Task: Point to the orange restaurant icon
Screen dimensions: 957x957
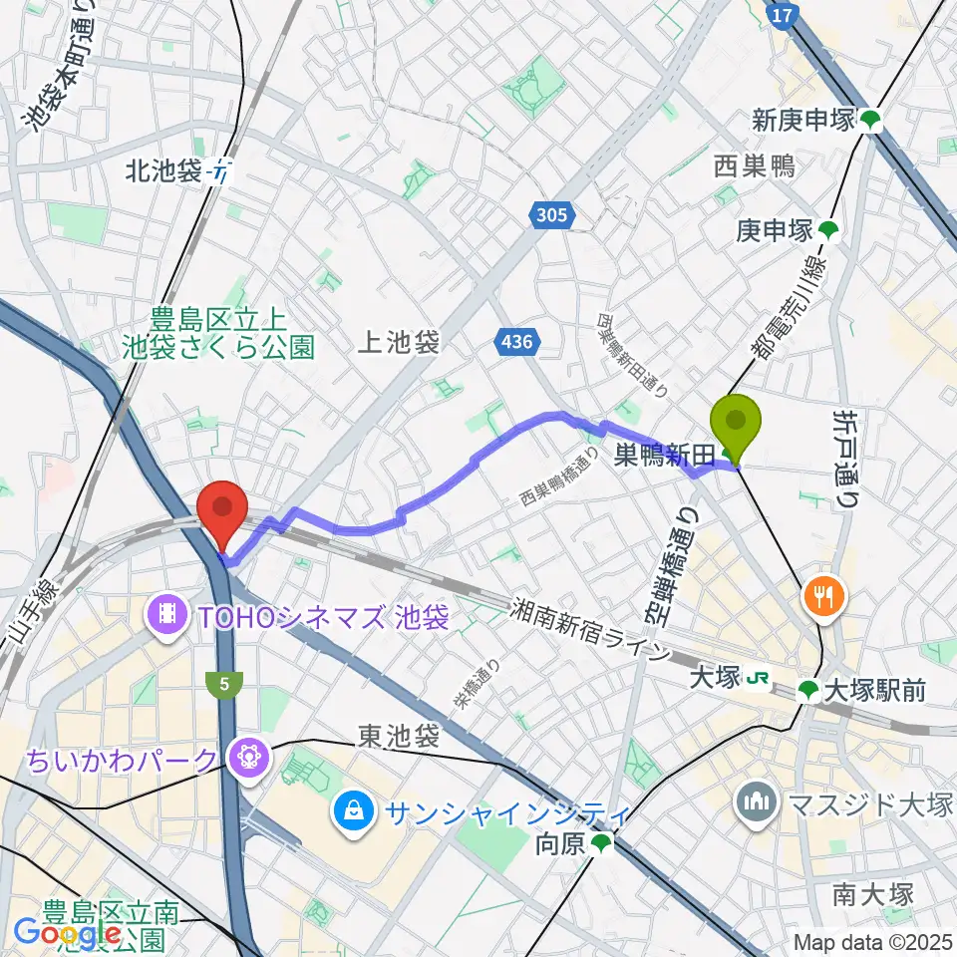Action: tap(826, 598)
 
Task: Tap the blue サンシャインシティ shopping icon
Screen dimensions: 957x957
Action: tap(353, 808)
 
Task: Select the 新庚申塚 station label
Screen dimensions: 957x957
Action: tap(804, 121)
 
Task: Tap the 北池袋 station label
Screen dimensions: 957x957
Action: tap(164, 171)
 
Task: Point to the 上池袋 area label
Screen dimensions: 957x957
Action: tap(399, 344)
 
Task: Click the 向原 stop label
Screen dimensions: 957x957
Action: tap(559, 845)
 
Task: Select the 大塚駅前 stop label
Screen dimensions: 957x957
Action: tap(862, 688)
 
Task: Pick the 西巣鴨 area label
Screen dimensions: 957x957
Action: tap(754, 166)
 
